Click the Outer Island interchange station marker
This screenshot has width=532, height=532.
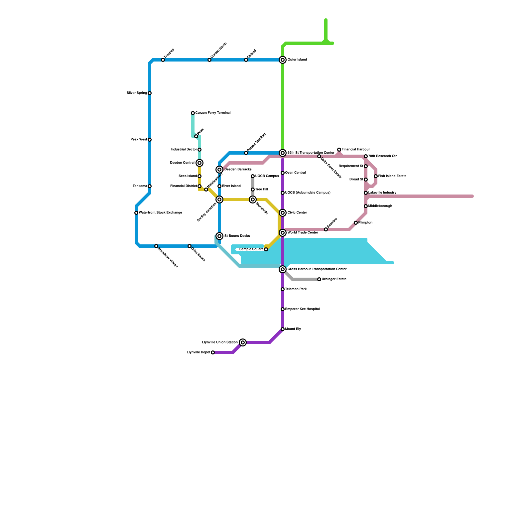coord(283,60)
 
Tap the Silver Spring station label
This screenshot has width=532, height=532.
coord(137,93)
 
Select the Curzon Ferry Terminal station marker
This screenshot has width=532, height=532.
coord(193,113)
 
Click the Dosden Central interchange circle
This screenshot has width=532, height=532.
coord(199,163)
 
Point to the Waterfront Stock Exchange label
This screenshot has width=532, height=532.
coord(160,213)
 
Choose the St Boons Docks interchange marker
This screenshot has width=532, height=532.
coord(219,236)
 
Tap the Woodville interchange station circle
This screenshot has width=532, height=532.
coord(253,199)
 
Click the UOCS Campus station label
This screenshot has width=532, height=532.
coord(267,176)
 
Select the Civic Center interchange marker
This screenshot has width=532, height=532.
coord(283,213)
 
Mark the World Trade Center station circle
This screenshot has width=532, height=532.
coord(283,233)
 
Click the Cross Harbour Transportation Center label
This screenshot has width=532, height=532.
coord(317,269)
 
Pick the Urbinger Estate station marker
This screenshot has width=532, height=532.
coord(319,279)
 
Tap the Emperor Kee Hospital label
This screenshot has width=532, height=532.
coord(303,309)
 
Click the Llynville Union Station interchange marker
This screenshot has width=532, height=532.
coord(243,342)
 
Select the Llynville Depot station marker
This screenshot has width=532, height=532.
coord(213,352)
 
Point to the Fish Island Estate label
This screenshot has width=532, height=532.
coord(392,176)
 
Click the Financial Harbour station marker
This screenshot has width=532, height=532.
coord(339,150)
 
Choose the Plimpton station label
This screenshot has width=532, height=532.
coord(365,223)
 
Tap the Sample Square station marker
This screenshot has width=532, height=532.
coord(266,249)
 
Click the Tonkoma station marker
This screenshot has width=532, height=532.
coord(150,186)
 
